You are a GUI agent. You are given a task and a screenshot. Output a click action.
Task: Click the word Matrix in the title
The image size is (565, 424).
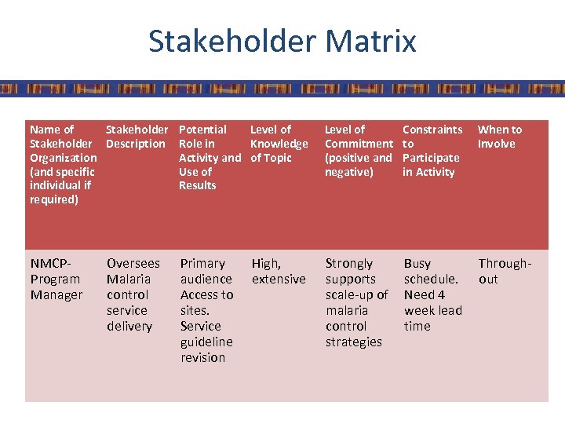[x=369, y=41]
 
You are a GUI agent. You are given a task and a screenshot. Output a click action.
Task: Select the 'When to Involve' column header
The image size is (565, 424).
[x=499, y=137]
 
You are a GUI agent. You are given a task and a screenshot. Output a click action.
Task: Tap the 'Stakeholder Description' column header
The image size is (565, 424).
[x=137, y=137]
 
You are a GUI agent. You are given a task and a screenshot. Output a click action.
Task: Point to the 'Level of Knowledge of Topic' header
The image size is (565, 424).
[x=279, y=144]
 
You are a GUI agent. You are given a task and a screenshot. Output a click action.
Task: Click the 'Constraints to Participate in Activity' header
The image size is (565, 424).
[x=432, y=151]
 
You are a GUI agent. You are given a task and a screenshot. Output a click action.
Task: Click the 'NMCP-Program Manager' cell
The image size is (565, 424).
[x=56, y=279]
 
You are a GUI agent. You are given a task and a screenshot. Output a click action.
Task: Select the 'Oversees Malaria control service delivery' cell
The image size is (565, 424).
[x=133, y=294]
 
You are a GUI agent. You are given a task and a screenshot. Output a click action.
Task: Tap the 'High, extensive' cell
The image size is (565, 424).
[x=279, y=271]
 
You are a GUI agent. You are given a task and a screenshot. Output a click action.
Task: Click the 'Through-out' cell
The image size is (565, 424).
[x=505, y=271]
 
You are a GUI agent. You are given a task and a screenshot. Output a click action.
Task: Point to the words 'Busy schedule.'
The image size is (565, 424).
[x=431, y=271]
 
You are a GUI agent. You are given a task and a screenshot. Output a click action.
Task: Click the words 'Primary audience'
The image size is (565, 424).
[x=206, y=271]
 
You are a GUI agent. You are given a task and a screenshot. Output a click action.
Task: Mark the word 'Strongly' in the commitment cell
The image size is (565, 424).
[x=349, y=263]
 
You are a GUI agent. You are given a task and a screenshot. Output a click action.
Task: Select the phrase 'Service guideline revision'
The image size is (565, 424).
[x=206, y=342]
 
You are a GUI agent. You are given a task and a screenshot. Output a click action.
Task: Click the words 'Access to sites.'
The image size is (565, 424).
[x=206, y=302]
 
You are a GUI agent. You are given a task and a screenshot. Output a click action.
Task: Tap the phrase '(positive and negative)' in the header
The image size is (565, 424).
[x=358, y=165]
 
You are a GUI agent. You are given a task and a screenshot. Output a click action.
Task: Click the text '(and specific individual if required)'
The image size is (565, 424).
[x=62, y=185]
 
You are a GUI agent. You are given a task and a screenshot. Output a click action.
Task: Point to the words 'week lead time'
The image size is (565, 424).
[x=432, y=318]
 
